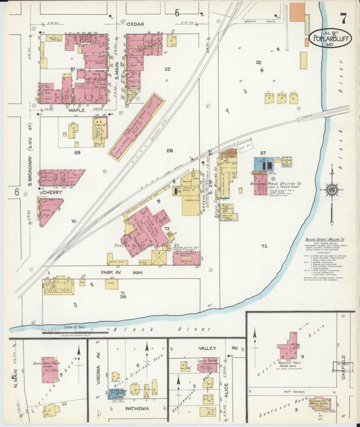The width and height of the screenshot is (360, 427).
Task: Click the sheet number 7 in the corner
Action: [x=344, y=18]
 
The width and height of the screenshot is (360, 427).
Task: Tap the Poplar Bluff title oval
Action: [x=330, y=38]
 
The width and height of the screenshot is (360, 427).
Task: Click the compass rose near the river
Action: [x=331, y=190]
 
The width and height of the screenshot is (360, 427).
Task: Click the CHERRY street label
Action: [x=51, y=192]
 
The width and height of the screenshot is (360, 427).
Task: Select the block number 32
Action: [x=257, y=62]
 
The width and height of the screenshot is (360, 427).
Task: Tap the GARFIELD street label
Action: [x=344, y=366]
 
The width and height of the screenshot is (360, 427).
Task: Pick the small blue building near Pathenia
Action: [x=118, y=393]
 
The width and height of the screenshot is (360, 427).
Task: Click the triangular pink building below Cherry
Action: [x=47, y=209]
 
